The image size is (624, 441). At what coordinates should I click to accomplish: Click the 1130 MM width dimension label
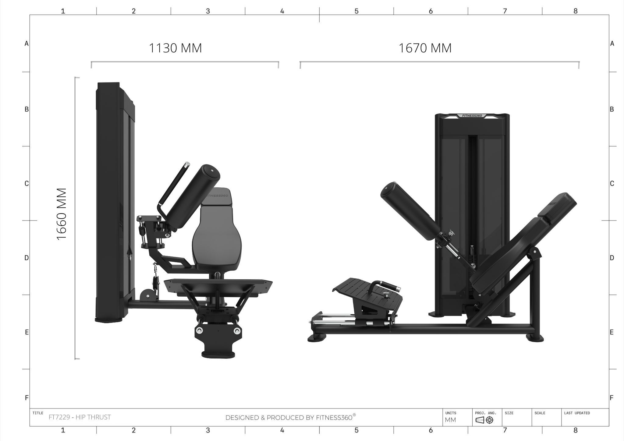tap(175, 48)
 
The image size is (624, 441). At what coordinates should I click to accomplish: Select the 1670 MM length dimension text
tap(425, 48)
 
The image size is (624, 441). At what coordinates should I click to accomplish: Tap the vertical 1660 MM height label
tap(62, 214)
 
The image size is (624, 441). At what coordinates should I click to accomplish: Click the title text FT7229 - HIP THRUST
tap(80, 417)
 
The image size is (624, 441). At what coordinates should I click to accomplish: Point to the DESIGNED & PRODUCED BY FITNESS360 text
tap(290, 417)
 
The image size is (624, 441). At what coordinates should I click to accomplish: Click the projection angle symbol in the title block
tap(484, 420)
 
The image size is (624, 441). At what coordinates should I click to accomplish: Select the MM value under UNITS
tap(450, 420)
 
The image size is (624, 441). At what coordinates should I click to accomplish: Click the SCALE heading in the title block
tap(540, 413)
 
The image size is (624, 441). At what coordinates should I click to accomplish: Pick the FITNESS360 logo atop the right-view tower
tap(472, 116)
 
